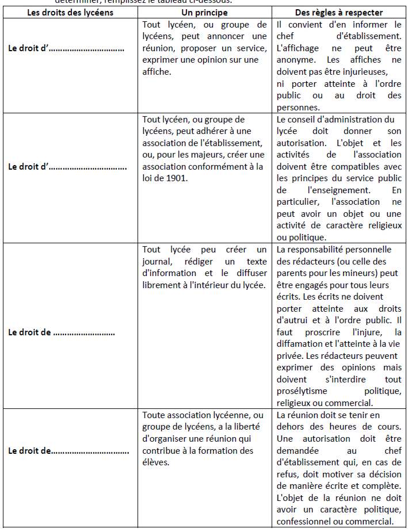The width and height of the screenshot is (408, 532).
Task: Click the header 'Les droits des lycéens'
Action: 71,13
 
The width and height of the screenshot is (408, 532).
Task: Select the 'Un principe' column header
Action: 204,13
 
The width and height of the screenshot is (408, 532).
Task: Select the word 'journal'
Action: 157,261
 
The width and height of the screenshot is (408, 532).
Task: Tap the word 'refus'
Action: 288,474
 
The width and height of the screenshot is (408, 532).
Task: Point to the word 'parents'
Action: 293,273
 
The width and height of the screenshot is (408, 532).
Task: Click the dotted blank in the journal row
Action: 84,332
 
